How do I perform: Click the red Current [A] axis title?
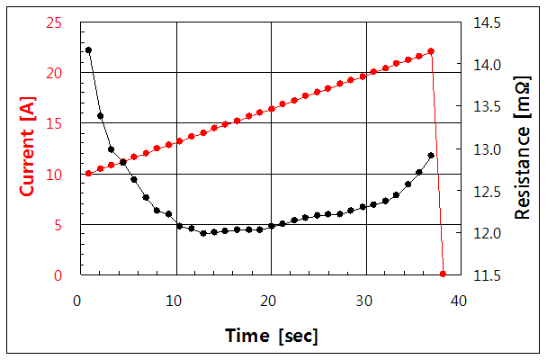pos(28,148)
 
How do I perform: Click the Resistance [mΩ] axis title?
pos(522,148)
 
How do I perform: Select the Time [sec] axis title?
pos(272,336)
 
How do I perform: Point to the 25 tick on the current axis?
pos(55,22)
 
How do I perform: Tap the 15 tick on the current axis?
pos(55,123)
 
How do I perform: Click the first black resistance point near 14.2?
pos(88,49)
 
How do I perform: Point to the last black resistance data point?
pos(431,155)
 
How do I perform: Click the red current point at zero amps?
pos(443,274)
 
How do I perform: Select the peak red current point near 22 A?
pos(431,51)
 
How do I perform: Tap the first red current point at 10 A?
pos(88,173)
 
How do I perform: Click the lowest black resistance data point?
pos(203,233)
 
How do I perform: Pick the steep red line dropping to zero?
pos(437,162)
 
